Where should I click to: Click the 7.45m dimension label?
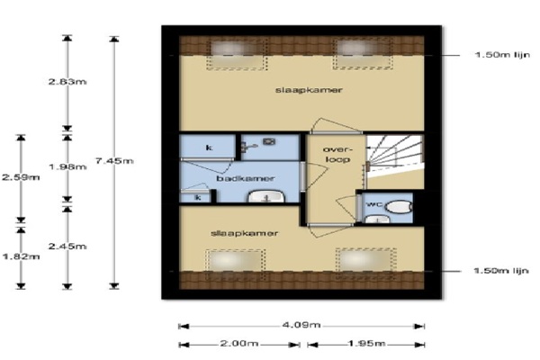click(x=114, y=160)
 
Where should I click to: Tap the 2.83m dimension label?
click(x=67, y=82)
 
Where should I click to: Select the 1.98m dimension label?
click(x=67, y=166)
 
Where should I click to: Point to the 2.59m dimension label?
click(x=21, y=177)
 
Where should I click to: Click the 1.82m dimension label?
click(x=21, y=256)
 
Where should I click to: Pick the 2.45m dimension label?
click(x=67, y=246)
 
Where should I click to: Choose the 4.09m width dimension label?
click(x=301, y=325)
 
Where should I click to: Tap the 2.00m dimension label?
click(x=239, y=344)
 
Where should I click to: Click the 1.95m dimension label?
click(x=366, y=344)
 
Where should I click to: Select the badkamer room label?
click(x=246, y=178)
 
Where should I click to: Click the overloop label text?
click(x=337, y=154)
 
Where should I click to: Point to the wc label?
click(x=374, y=204)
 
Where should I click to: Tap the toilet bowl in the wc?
click(x=399, y=207)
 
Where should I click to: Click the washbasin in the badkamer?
click(x=266, y=197)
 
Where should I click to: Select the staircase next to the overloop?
click(x=394, y=156)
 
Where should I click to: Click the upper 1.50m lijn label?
click(x=502, y=55)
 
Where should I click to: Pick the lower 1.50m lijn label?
click(x=501, y=270)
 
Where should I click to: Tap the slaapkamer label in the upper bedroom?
click(x=309, y=90)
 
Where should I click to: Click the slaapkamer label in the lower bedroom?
click(x=244, y=233)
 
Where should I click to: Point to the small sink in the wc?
click(x=377, y=219)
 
